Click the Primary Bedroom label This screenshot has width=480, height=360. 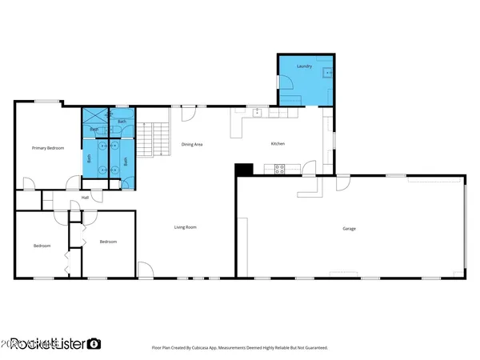coord(48,148)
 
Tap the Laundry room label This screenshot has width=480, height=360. coord(304,66)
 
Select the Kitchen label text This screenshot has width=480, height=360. coord(278,144)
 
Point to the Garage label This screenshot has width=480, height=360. coord(350,229)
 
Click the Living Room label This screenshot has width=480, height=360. coord(186,227)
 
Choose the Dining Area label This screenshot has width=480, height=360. coord(192,144)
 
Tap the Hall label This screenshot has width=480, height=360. coord(85,198)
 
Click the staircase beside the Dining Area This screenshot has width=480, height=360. coord(150,139)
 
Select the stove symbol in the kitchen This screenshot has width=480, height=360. coord(280,169)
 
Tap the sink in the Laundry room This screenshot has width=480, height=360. coord(325,72)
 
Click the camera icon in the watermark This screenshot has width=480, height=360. coord(94,343)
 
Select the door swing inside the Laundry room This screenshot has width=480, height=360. coord(286,82)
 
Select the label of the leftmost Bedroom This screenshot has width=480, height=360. coord(42,245)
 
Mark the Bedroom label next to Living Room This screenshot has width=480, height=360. coord(108,242)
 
